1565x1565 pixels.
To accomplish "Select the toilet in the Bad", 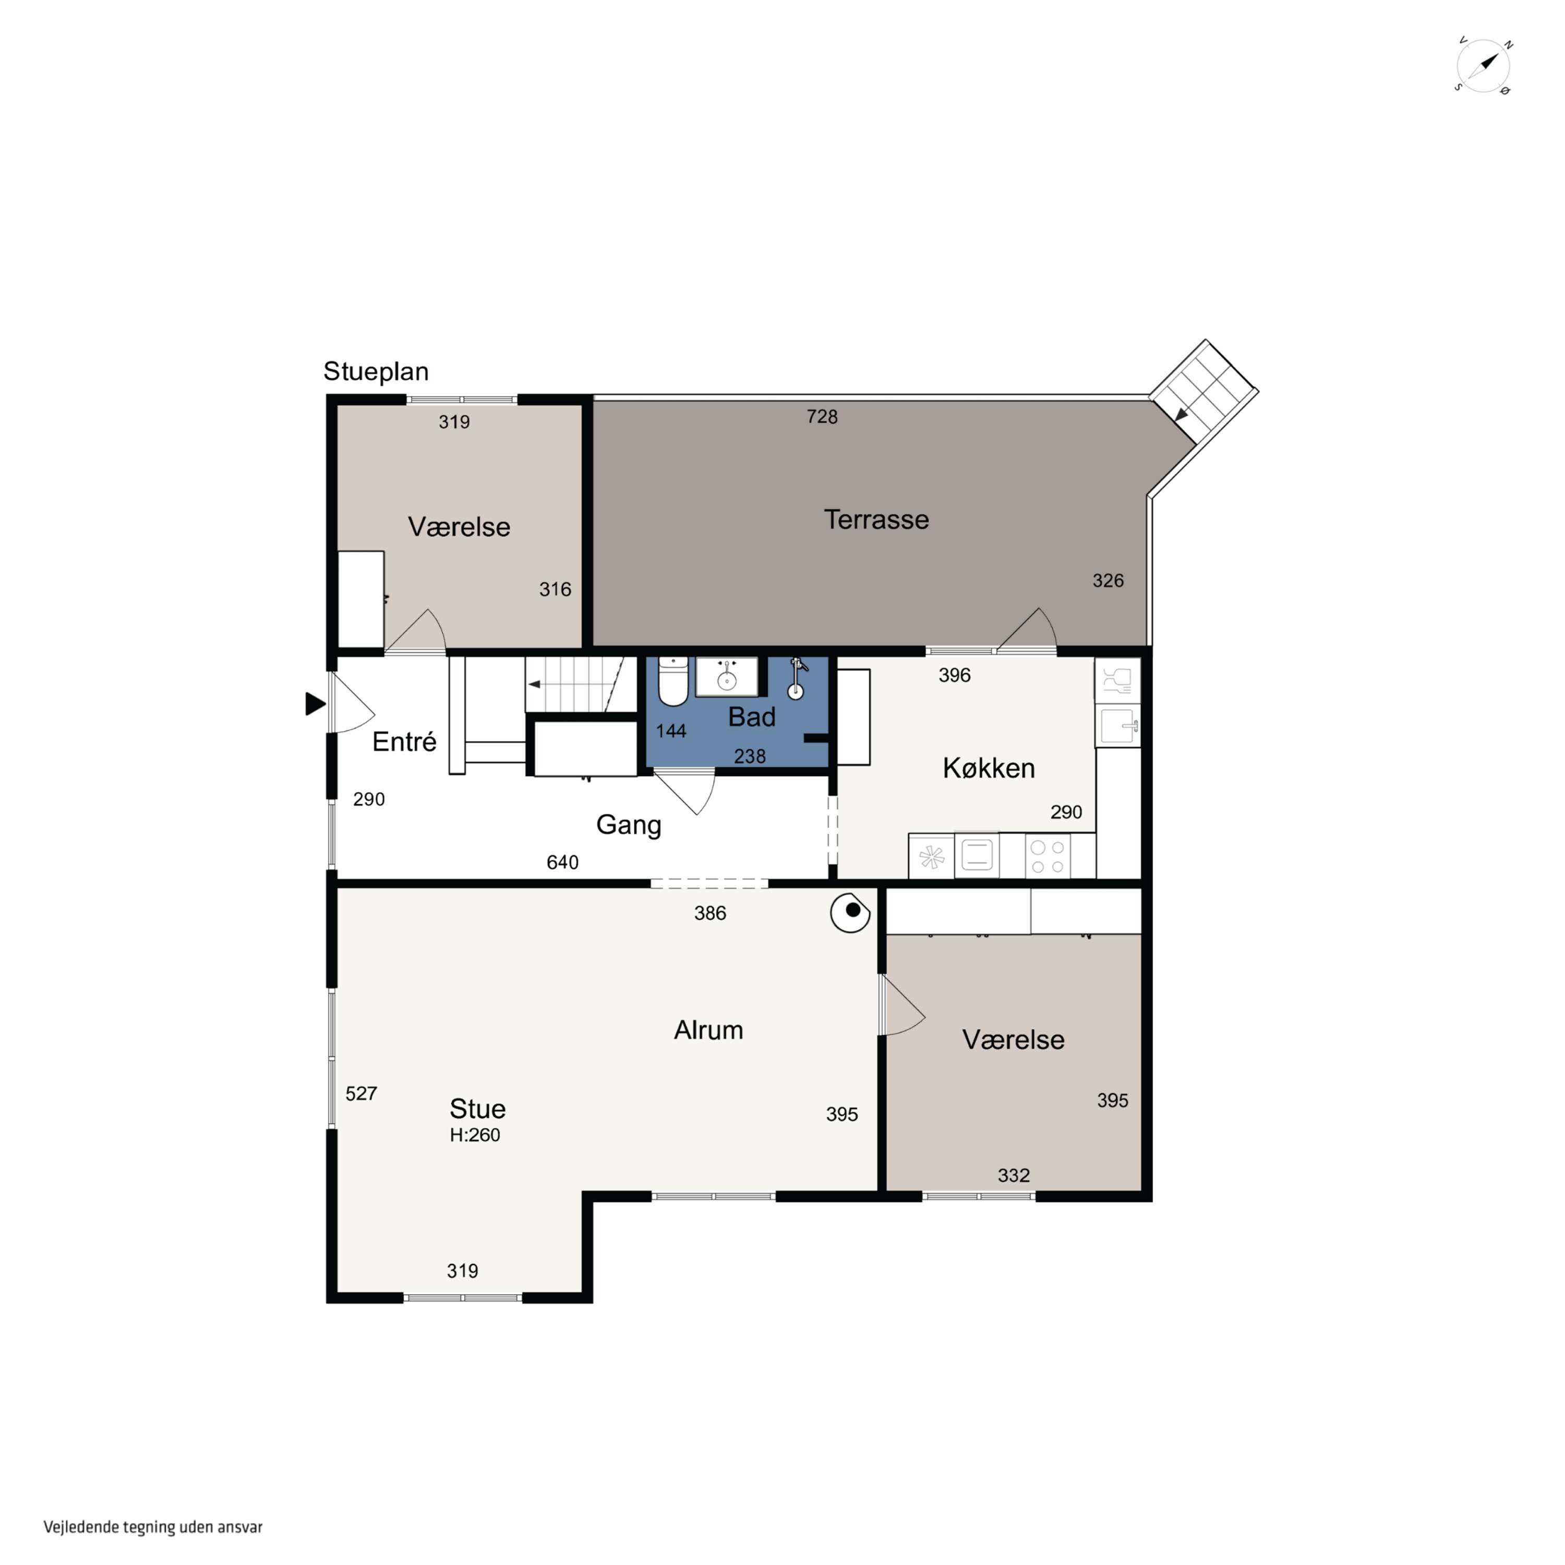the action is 673,681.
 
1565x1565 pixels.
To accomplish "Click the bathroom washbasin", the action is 727,677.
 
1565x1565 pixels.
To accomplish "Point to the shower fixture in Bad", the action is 797,678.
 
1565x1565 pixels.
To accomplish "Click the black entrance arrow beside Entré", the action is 315,704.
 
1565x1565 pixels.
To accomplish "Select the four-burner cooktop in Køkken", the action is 1048,856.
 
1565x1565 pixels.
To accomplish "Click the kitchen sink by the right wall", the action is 1118,725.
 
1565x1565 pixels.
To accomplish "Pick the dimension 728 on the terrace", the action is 822,416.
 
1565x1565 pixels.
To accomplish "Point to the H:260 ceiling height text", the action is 475,1135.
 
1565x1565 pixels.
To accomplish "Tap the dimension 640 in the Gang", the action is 562,862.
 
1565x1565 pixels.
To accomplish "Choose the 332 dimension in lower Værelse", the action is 1014,1175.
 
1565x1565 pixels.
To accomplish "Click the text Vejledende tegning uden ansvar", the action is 153,1527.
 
